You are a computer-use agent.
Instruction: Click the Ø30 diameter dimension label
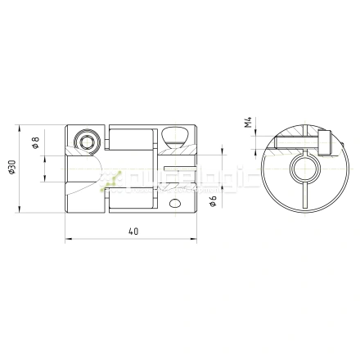(x=11, y=167)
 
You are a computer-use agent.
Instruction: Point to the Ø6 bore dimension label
(x=212, y=200)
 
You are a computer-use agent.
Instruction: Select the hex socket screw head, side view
(x=86, y=142)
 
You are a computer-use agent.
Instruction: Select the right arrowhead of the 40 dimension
(x=194, y=240)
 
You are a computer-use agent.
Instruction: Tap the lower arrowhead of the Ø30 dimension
(x=20, y=210)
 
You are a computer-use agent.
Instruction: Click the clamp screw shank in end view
(x=299, y=146)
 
